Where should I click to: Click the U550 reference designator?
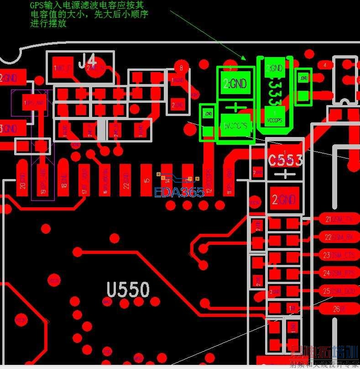pos(128,290)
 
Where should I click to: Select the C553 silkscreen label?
pos(285,160)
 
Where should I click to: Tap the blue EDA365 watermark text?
pos(179,192)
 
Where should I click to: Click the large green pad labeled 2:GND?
pos(235,84)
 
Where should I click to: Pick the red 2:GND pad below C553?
pos(285,199)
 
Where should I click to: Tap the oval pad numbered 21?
pos(339,220)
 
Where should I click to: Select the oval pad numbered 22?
pos(339,237)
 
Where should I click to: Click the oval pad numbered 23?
pos(339,254)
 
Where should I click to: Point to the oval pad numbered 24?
pos(339,273)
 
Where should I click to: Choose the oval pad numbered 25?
pos(339,290)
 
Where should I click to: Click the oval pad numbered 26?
pos(339,309)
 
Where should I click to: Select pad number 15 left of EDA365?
pos(146,180)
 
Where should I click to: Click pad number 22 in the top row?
pos(126,180)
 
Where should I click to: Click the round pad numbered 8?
pos(182,68)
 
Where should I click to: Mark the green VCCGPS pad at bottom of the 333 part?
pos(275,116)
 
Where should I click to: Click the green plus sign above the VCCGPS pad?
pos(235,108)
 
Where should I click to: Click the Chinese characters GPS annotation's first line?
pos(87,5)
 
